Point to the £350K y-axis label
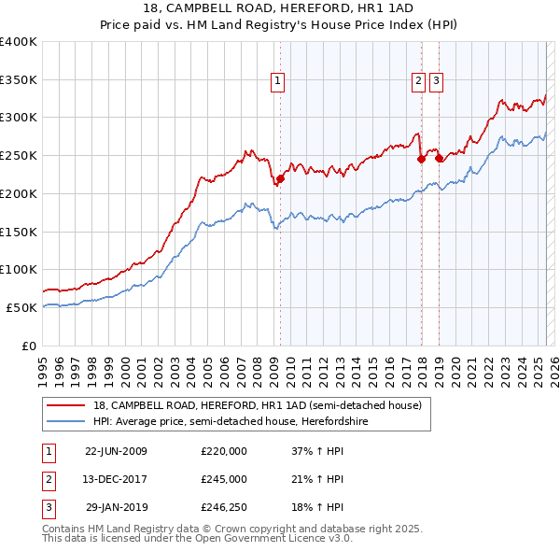pos(19,80)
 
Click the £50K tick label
pos(22,307)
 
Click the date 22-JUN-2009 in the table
pos(116,450)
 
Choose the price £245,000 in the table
pos(224,479)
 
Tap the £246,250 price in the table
pos(224,508)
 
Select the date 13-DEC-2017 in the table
pos(116,479)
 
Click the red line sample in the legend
pos(67,405)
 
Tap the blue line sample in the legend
pos(67,421)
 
